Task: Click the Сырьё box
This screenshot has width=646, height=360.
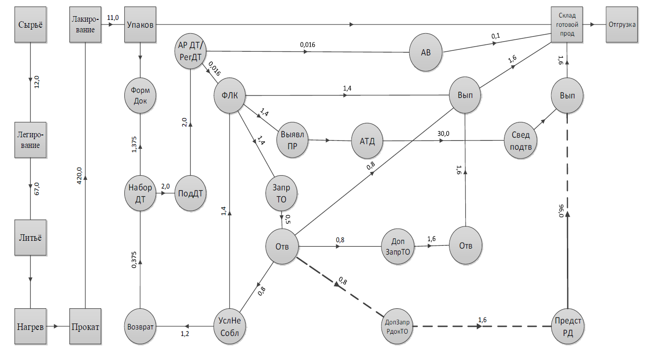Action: coord(30,25)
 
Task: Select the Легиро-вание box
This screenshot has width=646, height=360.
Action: coord(30,139)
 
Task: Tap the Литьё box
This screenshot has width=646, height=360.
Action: coord(30,238)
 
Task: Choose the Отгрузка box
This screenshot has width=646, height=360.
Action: coord(624,25)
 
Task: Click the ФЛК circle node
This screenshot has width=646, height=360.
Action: coord(230,96)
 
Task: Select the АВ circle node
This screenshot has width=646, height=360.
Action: coord(425,53)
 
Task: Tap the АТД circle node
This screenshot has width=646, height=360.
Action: coord(368,140)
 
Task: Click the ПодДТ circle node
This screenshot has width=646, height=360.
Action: coord(191,193)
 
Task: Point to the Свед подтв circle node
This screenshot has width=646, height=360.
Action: coord(521,140)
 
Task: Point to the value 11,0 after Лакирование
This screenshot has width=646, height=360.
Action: coord(113,18)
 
